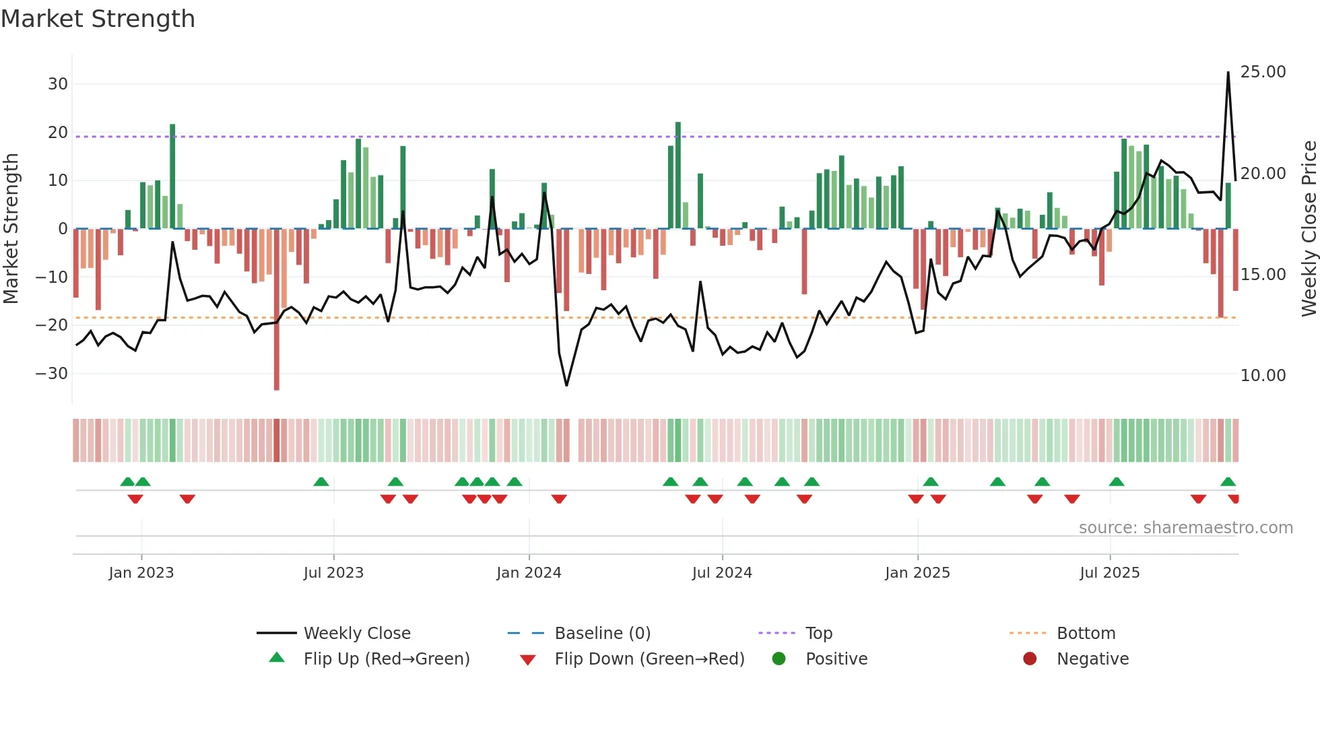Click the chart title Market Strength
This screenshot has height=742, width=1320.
pos(98,19)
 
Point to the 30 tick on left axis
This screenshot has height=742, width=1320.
pos(58,84)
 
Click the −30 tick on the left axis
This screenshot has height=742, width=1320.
pos(53,374)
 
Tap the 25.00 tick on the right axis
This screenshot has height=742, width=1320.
pos(1263,72)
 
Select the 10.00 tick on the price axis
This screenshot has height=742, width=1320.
pos(1263,376)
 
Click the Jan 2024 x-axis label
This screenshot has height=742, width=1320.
pos(529,573)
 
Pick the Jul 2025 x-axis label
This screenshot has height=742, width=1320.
pos(1109,573)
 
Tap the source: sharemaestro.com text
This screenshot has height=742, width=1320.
pos(1185,528)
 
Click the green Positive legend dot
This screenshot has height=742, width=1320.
pos(779,659)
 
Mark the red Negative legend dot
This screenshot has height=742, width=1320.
pos(1030,659)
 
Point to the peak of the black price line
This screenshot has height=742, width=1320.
pos(1228,73)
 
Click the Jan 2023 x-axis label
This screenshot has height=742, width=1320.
pos(141,573)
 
